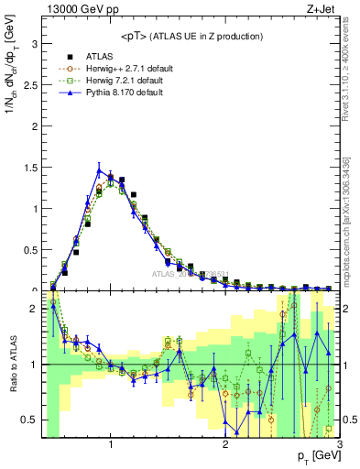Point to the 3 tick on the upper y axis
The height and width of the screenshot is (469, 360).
pos(34,42)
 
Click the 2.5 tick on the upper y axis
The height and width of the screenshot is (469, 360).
pos(29,83)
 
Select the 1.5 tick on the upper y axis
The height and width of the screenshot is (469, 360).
pos(29,167)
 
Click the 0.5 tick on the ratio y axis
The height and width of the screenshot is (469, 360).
pos(29,420)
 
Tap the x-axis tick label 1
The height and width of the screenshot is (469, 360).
pos(111,446)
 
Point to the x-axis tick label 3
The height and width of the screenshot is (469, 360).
pos(339,446)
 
